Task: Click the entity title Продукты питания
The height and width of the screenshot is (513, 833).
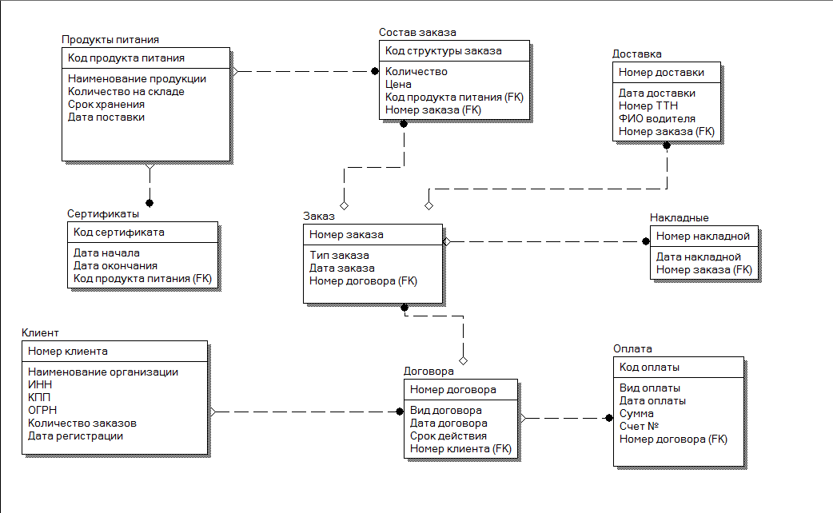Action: [x=110, y=39]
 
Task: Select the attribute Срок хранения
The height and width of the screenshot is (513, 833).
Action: [x=106, y=104]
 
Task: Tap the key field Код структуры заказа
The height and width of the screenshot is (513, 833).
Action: [x=444, y=50]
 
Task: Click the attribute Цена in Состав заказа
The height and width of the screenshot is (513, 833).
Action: [x=398, y=84]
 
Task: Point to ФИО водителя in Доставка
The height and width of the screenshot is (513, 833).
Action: [x=657, y=118]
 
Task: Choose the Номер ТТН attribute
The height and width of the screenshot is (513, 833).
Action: [x=648, y=105]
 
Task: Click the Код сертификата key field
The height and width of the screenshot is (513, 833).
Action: [x=119, y=232]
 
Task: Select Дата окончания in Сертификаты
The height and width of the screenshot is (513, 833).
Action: [x=115, y=265]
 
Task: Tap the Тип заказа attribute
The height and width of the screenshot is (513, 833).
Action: [x=340, y=255]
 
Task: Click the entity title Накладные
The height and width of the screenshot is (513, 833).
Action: [x=679, y=217]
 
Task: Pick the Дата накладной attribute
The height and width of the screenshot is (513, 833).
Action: [x=699, y=256]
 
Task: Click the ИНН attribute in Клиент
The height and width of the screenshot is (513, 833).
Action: [x=40, y=384]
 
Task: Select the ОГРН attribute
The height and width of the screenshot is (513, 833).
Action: [x=42, y=410]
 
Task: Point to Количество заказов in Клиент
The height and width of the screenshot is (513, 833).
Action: [x=82, y=423]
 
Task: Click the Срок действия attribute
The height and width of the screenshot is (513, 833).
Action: [x=448, y=435]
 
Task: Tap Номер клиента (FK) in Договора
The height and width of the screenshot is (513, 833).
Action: [x=460, y=449]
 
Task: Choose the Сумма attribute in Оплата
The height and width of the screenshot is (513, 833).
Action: [x=636, y=413]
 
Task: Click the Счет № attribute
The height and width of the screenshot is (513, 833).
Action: [x=639, y=426]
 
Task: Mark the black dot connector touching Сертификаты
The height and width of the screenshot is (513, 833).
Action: [x=149, y=203]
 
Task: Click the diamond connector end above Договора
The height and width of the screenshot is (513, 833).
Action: [x=463, y=361]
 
